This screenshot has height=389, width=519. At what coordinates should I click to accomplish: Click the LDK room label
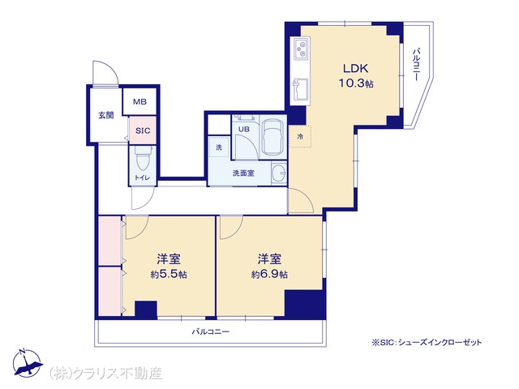click(x=355, y=68)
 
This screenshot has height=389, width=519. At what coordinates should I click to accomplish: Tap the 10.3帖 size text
click(x=355, y=83)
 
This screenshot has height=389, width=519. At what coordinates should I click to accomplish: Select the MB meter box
click(x=139, y=101)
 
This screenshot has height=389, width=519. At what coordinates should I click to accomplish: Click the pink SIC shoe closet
click(x=143, y=130)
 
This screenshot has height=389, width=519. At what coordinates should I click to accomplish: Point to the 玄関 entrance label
click(x=106, y=115)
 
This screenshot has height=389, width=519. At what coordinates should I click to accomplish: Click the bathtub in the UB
click(x=272, y=136)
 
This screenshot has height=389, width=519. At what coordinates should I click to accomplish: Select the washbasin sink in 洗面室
click(x=279, y=173)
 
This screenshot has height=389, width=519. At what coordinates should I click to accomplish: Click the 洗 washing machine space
click(x=219, y=147)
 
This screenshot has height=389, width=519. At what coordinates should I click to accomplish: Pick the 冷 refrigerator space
click(x=300, y=136)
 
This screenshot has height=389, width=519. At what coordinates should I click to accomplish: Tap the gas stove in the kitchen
click(x=301, y=48)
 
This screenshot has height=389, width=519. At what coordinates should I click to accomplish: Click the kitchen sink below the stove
click(x=300, y=90)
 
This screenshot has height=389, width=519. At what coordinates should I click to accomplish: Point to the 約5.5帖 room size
click(x=169, y=274)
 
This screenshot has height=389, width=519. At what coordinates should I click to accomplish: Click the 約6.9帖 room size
click(x=269, y=274)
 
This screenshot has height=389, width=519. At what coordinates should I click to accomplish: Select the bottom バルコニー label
click(x=211, y=331)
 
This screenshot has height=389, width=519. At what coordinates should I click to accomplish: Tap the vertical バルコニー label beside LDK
click(x=416, y=65)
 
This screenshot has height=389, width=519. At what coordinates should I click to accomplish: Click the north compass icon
click(x=27, y=363)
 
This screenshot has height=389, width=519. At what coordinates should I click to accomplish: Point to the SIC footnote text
click(x=427, y=342)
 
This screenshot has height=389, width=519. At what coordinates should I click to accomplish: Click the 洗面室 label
click(x=243, y=173)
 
